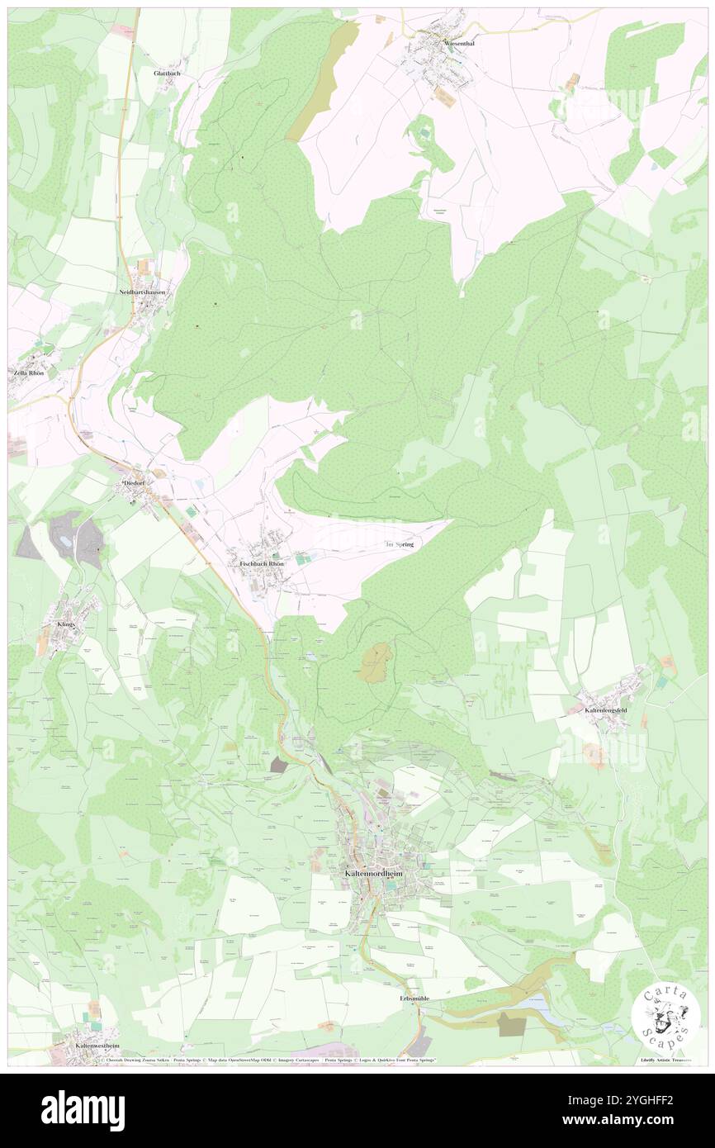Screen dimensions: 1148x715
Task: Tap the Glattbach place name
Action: click(167, 74)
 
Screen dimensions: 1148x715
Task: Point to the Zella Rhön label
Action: click(28, 373)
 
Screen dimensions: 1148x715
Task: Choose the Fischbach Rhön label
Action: click(262, 564)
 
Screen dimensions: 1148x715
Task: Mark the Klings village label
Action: click(66, 624)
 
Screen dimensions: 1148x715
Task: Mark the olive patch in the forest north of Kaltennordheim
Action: click(377, 663)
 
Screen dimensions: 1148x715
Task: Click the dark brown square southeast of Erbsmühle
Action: click(511, 1024)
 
